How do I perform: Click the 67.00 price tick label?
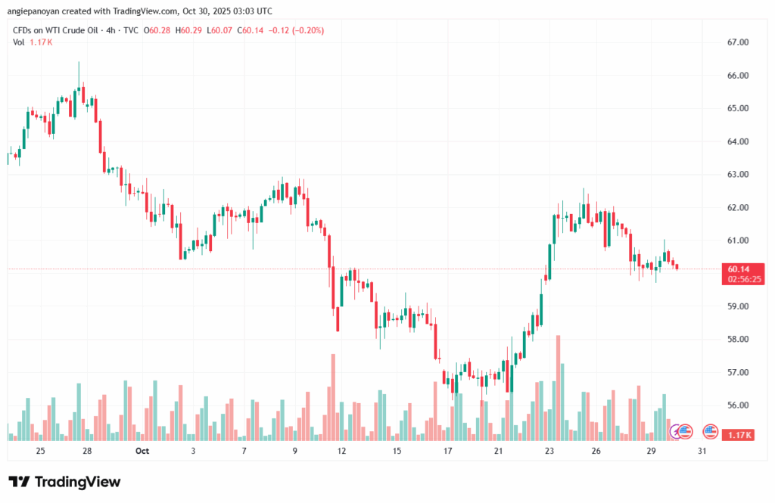738,42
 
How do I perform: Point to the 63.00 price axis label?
738,175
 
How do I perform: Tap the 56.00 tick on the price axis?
738,405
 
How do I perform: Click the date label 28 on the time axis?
87,451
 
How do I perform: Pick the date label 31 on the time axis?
702,451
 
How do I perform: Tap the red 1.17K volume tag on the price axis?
738,435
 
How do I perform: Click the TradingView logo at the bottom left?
64,482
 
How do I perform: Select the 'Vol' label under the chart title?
18,42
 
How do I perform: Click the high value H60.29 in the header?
190,30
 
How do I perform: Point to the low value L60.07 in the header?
220,30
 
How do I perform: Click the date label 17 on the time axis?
448,451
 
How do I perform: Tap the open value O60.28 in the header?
158,30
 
